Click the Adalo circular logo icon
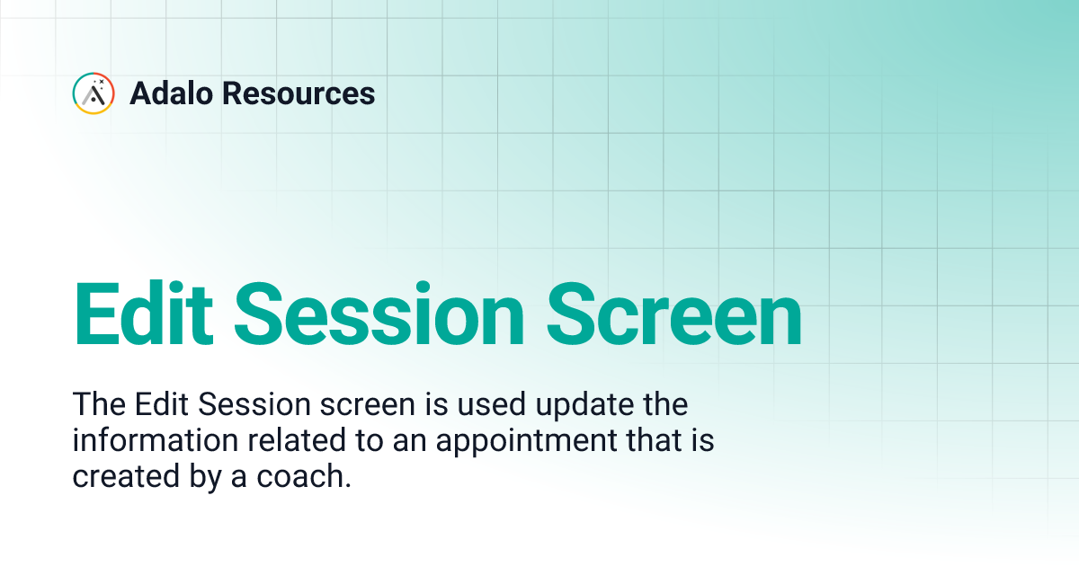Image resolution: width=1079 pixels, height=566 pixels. click(93, 93)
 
